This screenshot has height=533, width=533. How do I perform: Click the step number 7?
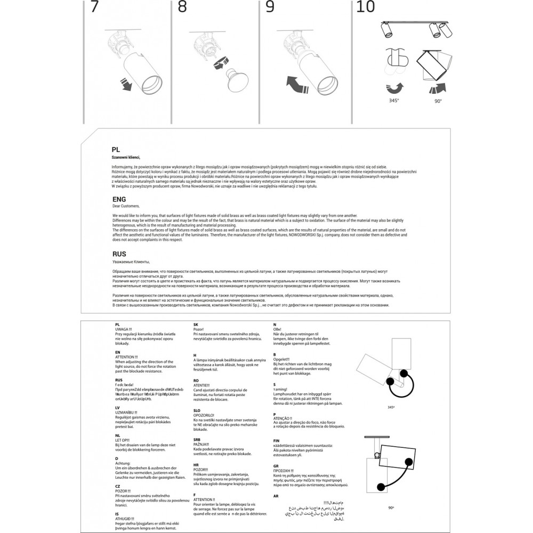click(94, 7)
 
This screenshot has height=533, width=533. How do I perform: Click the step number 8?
click(182, 7)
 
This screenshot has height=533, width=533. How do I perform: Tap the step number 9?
click(270, 7)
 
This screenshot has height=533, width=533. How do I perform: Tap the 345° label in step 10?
click(393, 100)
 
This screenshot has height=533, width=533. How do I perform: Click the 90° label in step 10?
click(438, 100)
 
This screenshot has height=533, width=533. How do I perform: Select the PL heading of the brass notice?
click(116, 150)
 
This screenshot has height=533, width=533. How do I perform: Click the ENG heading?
click(119, 199)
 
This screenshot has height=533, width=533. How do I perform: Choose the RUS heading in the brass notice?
click(119, 255)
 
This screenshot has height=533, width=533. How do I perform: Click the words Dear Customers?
click(126, 206)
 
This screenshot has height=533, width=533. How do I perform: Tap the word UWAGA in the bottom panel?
click(123, 329)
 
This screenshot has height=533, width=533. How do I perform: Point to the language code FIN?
click(276, 441)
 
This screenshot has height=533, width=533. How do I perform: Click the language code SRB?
click(197, 440)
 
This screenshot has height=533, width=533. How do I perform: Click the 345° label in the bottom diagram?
click(392, 407)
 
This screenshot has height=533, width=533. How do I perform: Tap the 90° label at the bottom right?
click(392, 508)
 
